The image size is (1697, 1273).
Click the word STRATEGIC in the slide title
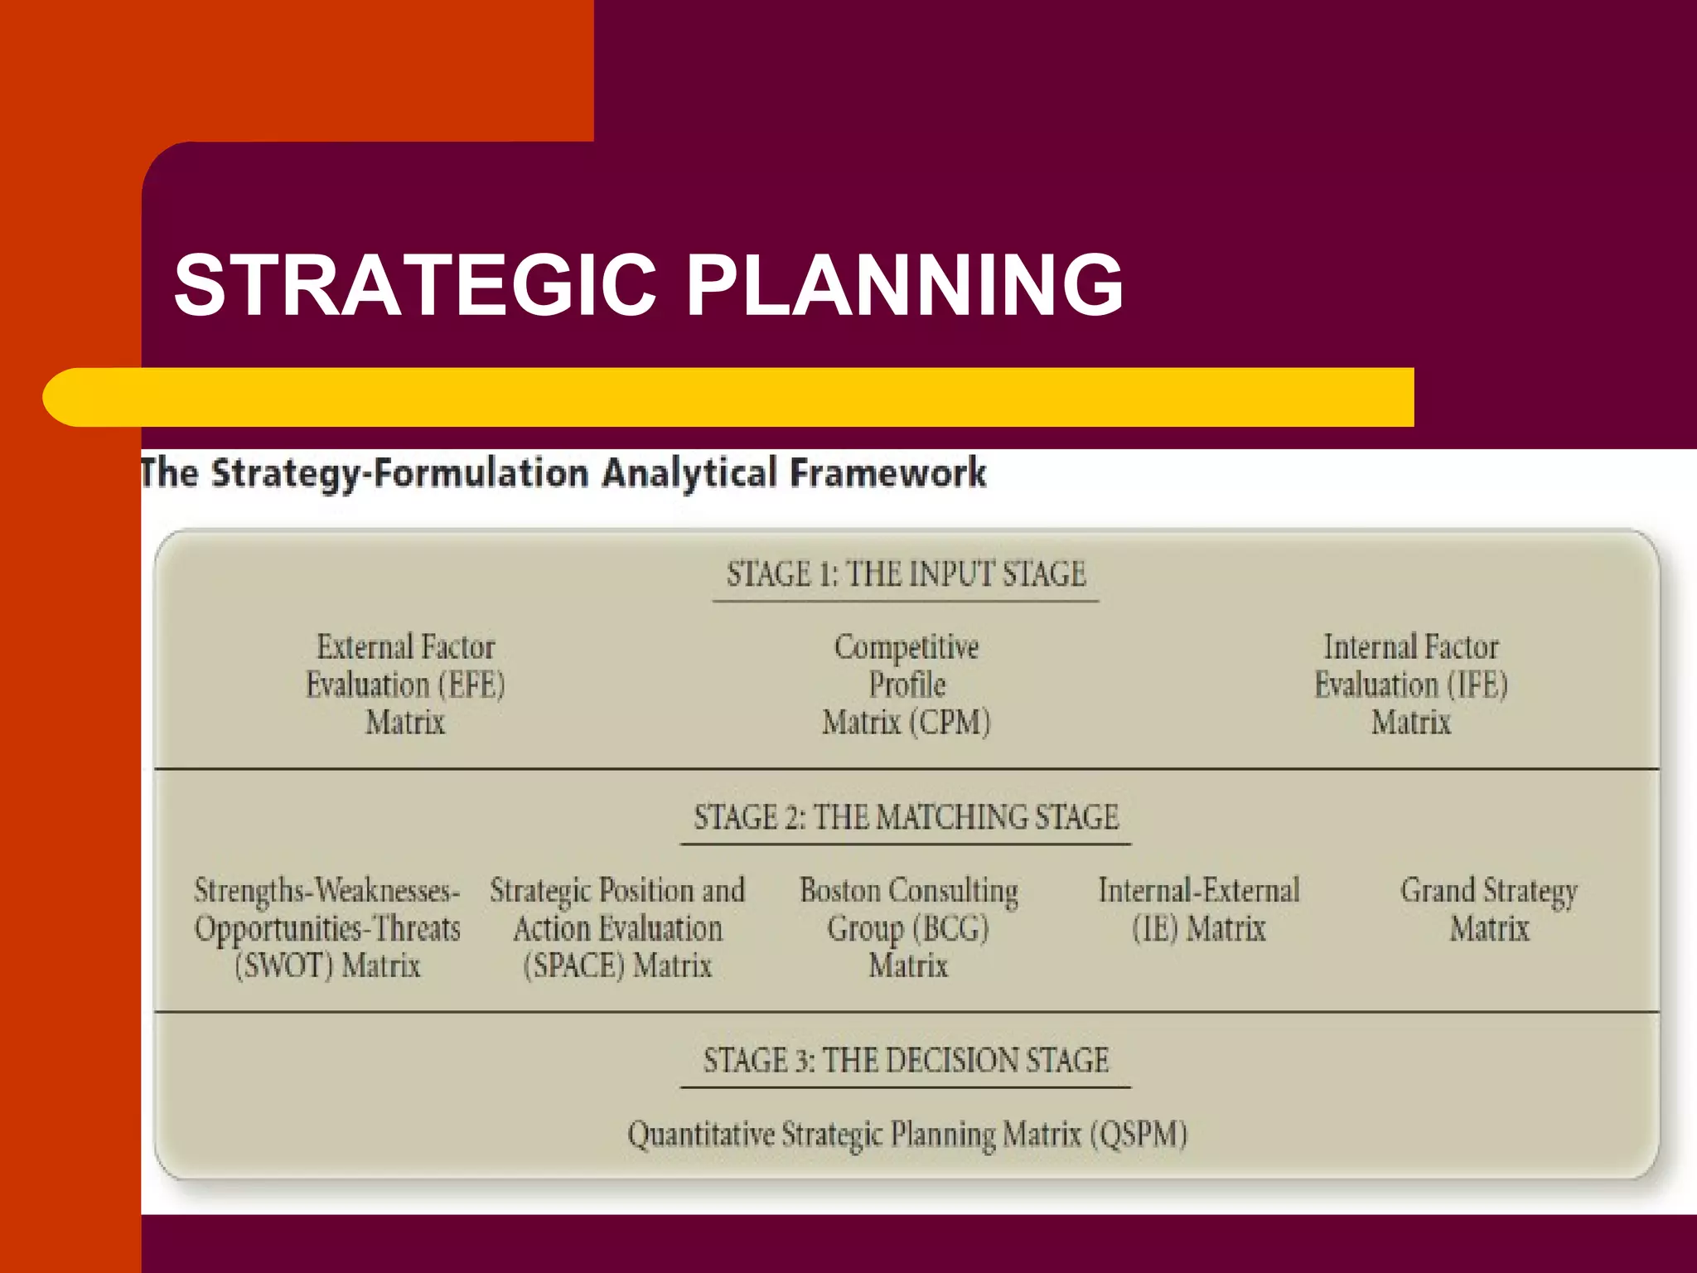click(414, 285)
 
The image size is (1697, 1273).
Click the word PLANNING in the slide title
click(905, 285)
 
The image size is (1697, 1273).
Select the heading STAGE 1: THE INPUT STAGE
click(906, 574)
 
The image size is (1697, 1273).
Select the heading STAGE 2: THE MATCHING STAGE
click(906, 818)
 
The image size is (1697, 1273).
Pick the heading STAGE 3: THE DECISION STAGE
click(906, 1061)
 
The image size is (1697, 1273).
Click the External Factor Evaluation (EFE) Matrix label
click(405, 685)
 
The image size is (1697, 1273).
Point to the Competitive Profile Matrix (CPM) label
click(907, 685)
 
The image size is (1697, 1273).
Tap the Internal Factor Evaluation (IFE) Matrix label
click(1411, 685)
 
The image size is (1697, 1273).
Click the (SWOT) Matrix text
click(327, 966)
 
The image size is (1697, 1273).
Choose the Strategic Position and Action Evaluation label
click(617, 910)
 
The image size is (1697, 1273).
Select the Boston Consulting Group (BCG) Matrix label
click(908, 928)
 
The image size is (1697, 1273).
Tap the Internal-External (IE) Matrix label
click(1199, 910)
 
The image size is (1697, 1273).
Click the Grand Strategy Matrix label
click(1489, 910)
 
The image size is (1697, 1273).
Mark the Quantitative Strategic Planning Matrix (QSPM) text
click(907, 1135)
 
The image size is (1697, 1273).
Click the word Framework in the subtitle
click(887, 473)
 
